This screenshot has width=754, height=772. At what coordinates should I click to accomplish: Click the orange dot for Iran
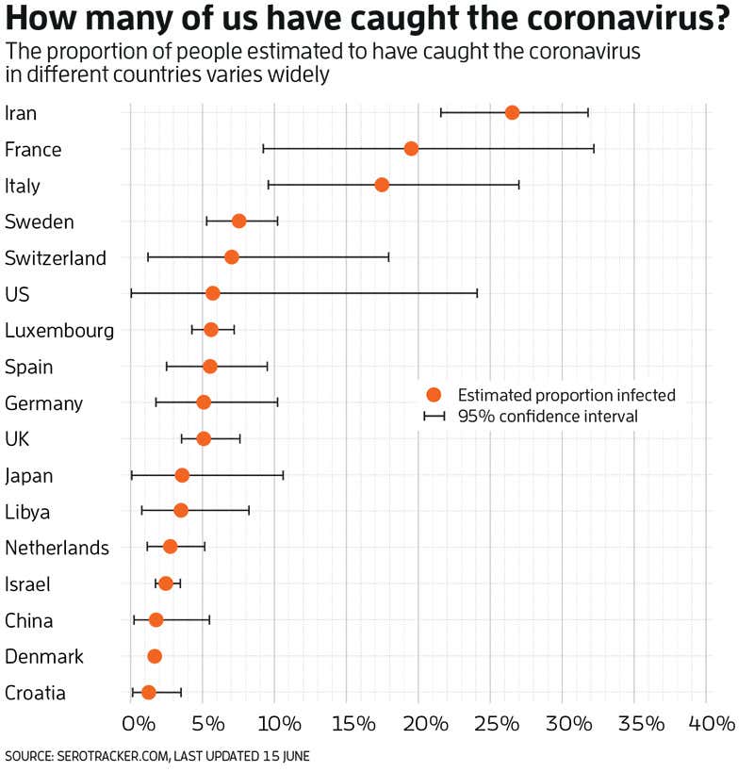512,112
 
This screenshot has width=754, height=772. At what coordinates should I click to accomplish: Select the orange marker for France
411,148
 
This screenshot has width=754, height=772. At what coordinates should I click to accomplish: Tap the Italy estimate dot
382,184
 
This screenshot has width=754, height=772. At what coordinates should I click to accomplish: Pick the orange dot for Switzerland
232,257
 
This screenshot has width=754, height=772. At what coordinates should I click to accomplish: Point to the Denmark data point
155,656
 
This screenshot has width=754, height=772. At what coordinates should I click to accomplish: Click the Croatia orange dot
148,692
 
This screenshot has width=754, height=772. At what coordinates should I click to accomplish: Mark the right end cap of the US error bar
477,293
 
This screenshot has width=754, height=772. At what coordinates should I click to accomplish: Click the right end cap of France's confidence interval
594,148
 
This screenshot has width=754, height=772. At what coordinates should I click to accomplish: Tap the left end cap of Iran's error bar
441,112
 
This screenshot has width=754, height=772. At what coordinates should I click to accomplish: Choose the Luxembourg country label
59,331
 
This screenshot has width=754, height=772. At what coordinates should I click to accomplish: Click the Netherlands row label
57,548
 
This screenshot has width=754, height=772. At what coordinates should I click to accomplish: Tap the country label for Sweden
40,222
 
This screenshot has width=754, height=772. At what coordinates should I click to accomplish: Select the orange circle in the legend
434,395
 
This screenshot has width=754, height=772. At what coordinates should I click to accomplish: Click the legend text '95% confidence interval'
548,416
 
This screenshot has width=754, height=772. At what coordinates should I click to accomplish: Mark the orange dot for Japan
182,475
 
